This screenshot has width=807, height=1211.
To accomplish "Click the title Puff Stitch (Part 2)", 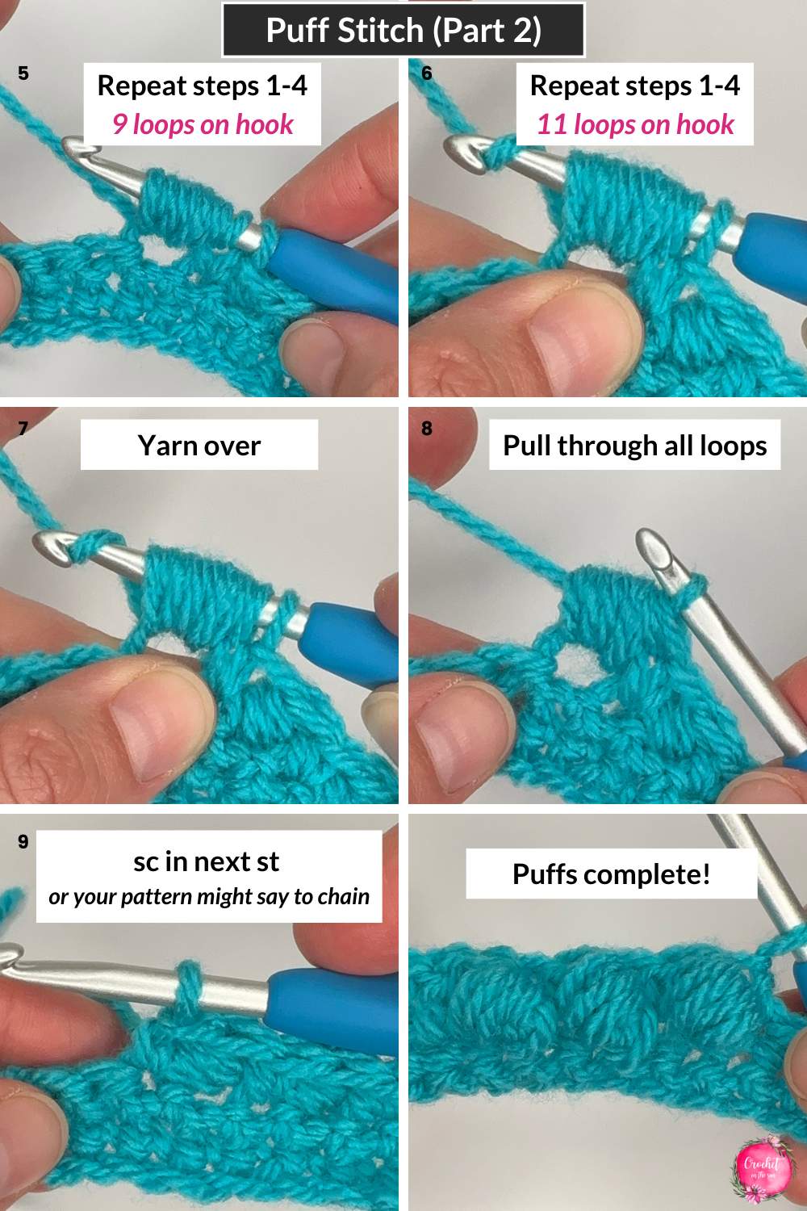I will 403,31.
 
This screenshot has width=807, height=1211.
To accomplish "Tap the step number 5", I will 23,73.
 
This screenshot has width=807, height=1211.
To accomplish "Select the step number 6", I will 427,73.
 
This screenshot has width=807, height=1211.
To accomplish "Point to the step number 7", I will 23,429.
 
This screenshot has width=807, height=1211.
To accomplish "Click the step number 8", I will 427,429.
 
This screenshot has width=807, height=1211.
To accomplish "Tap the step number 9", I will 23,842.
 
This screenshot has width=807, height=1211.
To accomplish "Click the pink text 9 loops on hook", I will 203,125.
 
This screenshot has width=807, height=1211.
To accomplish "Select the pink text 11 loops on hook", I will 635,125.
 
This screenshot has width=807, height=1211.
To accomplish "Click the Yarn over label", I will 199,446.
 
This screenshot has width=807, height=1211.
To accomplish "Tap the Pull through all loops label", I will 634,446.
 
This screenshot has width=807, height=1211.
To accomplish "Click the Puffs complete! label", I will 611,874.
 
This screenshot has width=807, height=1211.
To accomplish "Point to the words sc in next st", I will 207,861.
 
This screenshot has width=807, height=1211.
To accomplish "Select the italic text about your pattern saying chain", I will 209,897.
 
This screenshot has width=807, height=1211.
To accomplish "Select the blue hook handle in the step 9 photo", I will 331,1005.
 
